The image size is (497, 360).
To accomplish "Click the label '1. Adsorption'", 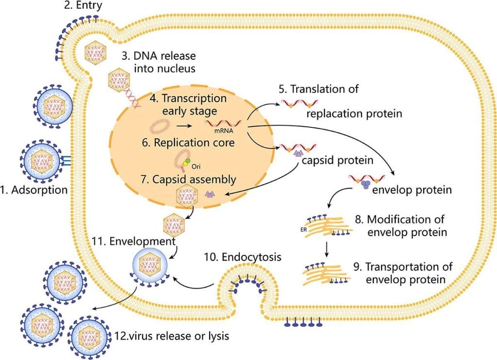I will pyautogui.click(x=34, y=189).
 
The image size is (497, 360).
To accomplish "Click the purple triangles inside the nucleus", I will pyautogui.click(x=210, y=194).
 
